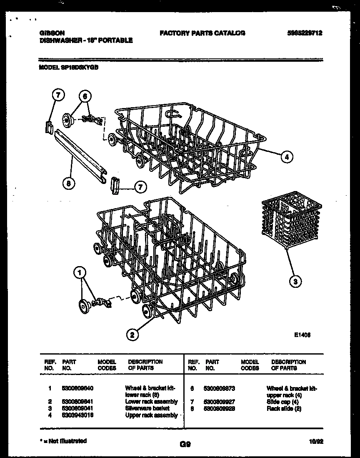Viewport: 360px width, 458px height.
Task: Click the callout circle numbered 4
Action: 286,157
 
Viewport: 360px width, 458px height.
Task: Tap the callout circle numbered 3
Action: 295,282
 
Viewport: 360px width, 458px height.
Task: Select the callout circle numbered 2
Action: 132,334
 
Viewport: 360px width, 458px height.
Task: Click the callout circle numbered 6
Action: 85,96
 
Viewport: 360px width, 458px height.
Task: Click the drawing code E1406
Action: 302,334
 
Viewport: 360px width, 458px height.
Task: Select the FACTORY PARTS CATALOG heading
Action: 202,33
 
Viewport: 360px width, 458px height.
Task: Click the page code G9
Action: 185,445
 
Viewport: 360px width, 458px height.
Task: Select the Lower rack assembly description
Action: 151,402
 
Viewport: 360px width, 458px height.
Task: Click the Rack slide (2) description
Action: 284,408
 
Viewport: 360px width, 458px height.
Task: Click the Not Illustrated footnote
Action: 63,441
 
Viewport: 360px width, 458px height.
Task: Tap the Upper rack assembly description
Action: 151,415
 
